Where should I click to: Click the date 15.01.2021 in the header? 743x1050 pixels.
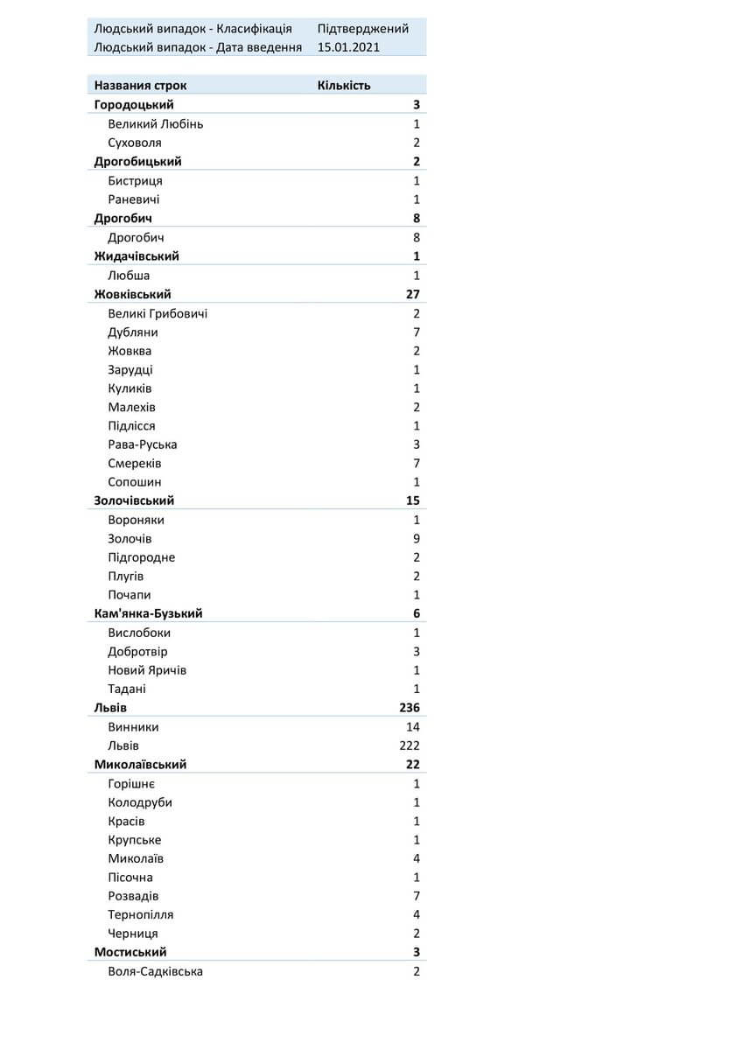click(348, 47)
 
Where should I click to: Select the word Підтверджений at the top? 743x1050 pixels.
click(363, 29)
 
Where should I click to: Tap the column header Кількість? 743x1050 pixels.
click(344, 86)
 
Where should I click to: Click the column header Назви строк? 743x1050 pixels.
click(140, 86)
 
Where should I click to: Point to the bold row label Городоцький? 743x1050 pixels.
click(134, 105)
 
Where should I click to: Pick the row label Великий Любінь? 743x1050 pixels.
click(156, 124)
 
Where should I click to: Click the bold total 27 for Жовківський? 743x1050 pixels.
click(413, 294)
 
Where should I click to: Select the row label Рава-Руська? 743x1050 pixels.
click(143, 444)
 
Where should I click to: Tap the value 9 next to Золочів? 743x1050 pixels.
click(417, 539)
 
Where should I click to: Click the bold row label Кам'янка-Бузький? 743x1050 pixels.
click(149, 613)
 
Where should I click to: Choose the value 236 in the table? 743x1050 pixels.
click(409, 708)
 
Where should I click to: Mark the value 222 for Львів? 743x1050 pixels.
click(409, 745)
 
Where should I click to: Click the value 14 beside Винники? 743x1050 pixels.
click(413, 727)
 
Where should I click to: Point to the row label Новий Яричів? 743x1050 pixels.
click(147, 670)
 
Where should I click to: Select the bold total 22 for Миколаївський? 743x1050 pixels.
click(413, 765)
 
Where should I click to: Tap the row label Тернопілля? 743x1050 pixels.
click(141, 915)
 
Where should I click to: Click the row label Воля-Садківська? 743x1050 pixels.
click(156, 971)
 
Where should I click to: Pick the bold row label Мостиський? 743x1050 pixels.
click(130, 952)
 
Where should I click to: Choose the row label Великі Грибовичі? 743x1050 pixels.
click(158, 313)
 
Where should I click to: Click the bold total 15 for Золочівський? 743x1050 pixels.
click(413, 500)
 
